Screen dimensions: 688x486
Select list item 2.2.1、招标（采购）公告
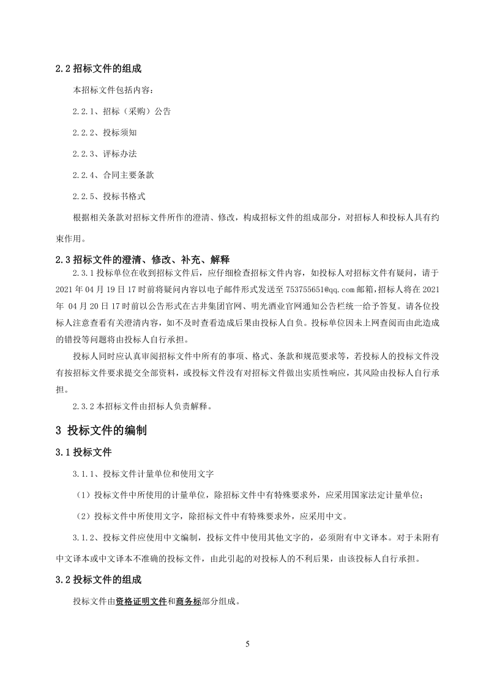121,112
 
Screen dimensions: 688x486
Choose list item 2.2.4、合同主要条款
113,175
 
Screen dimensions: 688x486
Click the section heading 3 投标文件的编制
101,430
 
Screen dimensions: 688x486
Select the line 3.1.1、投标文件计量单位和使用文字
143,474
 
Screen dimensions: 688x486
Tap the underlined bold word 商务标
189,601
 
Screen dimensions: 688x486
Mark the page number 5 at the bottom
247,644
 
